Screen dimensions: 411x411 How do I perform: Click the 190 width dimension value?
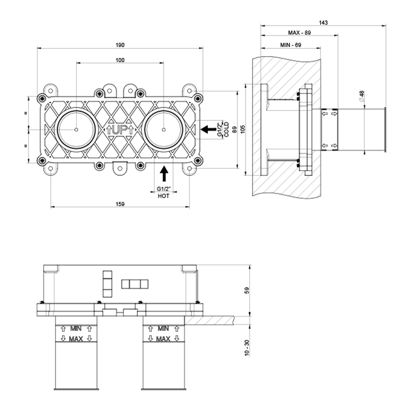pos(120,45)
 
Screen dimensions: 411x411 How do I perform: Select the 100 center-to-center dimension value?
pos(120,60)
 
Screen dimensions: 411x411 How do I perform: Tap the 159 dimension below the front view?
pos(120,204)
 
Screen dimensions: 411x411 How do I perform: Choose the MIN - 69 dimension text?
pos(291,45)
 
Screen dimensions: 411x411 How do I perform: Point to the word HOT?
pos(164,196)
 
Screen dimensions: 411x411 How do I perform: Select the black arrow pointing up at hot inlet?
pos(164,173)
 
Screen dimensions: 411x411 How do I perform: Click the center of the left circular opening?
pos(76,130)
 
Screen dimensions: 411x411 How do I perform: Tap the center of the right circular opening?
pos(164,130)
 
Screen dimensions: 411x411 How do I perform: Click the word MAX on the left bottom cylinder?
pos(74,338)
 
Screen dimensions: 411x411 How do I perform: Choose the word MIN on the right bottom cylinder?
pos(162,328)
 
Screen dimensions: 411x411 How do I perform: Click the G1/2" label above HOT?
pos(164,189)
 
